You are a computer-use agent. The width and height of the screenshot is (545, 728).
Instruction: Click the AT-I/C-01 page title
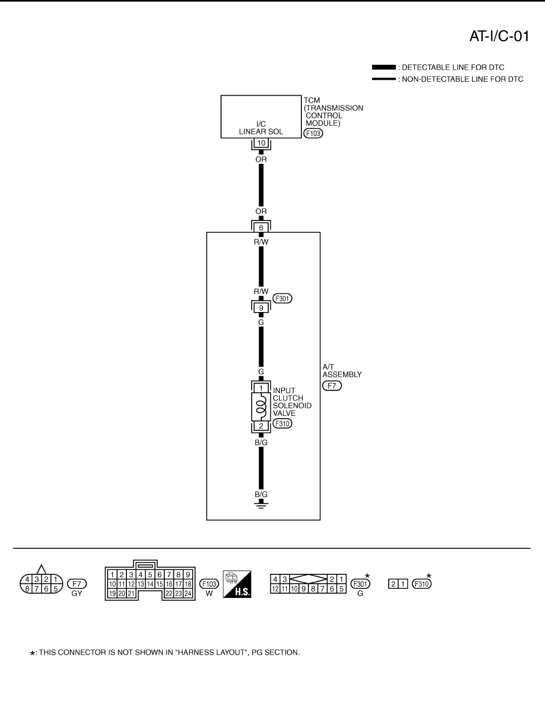click(499, 36)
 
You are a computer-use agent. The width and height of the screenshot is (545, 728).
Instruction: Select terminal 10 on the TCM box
click(261, 143)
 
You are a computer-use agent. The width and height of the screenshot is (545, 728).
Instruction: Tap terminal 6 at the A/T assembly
click(261, 228)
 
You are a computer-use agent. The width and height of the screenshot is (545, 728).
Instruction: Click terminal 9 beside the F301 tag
click(261, 308)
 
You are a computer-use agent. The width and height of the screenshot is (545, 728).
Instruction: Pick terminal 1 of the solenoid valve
click(261, 388)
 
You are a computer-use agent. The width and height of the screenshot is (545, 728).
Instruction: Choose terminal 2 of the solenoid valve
click(261, 426)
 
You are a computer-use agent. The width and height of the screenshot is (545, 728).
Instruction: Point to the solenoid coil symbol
click(261, 406)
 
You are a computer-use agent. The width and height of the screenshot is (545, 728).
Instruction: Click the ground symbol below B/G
click(261, 505)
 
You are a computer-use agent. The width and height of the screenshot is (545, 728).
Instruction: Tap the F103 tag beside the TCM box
click(313, 133)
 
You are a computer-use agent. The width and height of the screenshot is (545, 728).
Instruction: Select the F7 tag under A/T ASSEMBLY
click(332, 385)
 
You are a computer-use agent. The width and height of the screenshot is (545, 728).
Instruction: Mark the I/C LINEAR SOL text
click(261, 128)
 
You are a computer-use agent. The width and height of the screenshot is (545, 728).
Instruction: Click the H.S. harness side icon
click(237, 583)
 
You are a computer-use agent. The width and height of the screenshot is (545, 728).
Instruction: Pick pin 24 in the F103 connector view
click(188, 593)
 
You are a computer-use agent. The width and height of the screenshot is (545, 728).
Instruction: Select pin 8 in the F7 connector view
click(24, 588)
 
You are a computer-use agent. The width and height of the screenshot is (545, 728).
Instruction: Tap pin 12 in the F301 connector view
click(275, 588)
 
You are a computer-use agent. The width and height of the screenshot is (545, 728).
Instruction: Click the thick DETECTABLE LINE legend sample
click(384, 67)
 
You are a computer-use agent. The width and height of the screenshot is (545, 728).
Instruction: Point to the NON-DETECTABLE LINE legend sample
click(384, 79)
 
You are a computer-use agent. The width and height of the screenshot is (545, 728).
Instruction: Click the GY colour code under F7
click(77, 593)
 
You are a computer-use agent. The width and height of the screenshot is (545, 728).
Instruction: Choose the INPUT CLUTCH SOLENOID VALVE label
click(292, 402)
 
